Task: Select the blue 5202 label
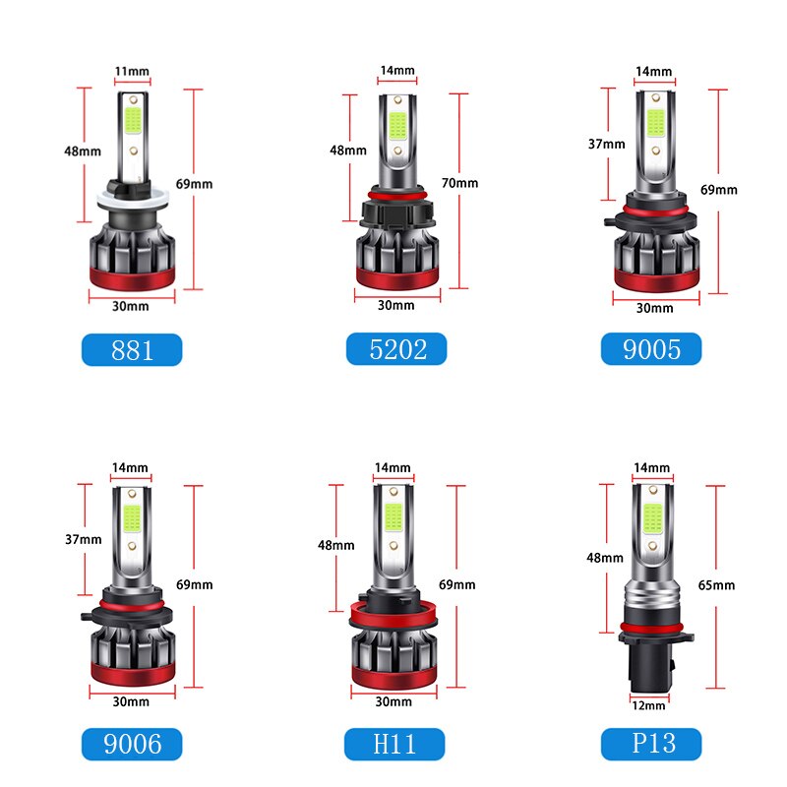pos(395,349)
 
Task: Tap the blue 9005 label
pos(651,349)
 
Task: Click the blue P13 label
pos(651,743)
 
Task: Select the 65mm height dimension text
pos(717,585)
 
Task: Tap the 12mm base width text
pos(649,704)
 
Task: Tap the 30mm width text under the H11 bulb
pos(394,701)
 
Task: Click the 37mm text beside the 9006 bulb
pos(84,539)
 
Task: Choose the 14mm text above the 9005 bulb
pos(654,72)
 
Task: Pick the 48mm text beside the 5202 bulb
pos(347,151)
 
